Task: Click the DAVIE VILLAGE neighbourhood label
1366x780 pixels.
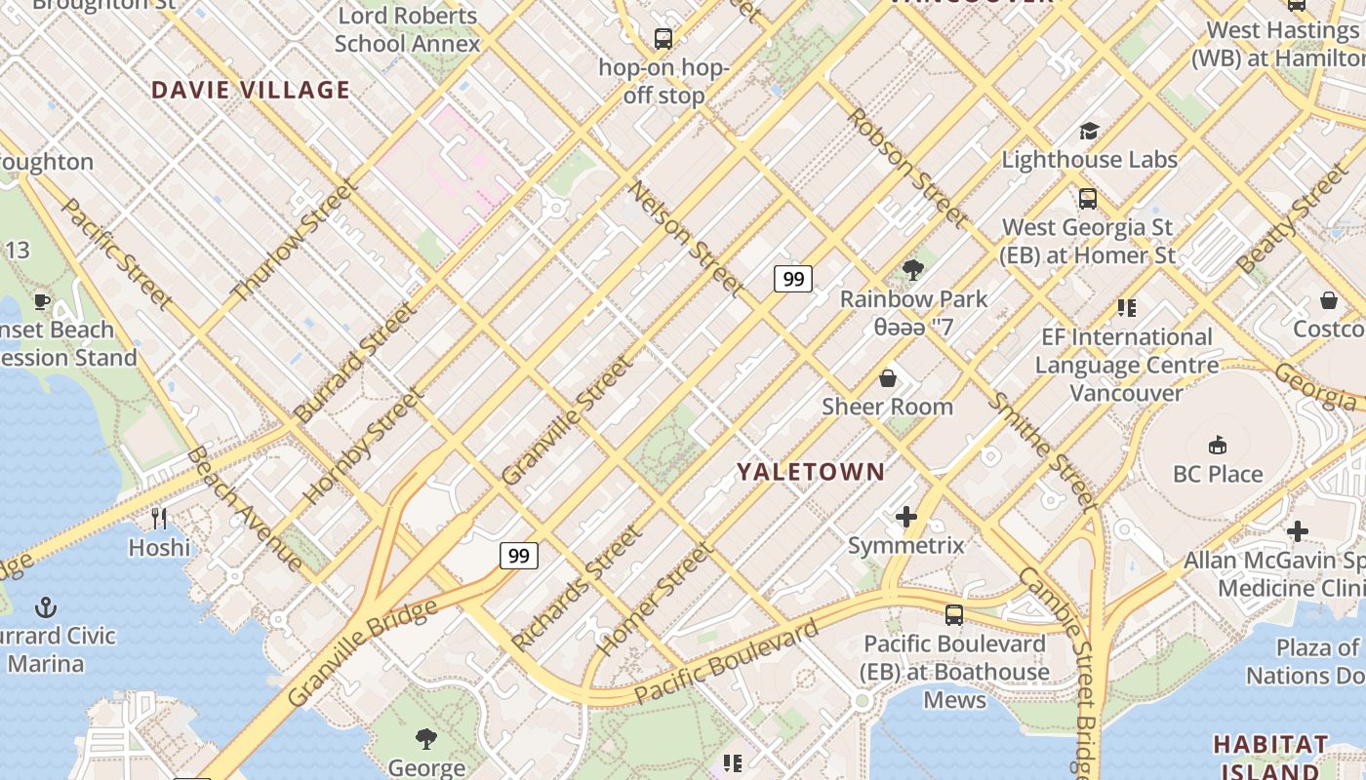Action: coord(250,91)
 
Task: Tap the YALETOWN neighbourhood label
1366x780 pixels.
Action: coord(811,472)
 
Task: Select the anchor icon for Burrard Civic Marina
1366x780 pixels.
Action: coord(46,607)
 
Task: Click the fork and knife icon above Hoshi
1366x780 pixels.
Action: coord(159,518)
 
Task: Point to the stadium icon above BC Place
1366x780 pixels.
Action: coord(1217,446)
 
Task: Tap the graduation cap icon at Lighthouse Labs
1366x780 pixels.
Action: coord(1089,131)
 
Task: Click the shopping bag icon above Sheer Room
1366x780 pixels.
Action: coord(887,377)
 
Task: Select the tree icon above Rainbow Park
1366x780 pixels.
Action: coord(913,270)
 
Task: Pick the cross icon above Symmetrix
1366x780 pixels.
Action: coord(905,517)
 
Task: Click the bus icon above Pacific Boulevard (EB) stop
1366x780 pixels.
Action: coord(953,615)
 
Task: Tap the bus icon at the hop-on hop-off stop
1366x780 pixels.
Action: coord(663,39)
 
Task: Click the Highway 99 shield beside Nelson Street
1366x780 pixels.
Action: coord(793,280)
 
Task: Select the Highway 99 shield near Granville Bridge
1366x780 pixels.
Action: coord(518,556)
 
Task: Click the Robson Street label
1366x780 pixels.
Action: coord(906,167)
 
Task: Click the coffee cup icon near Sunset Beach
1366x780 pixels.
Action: coord(41,301)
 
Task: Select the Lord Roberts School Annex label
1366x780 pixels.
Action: coord(407,29)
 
